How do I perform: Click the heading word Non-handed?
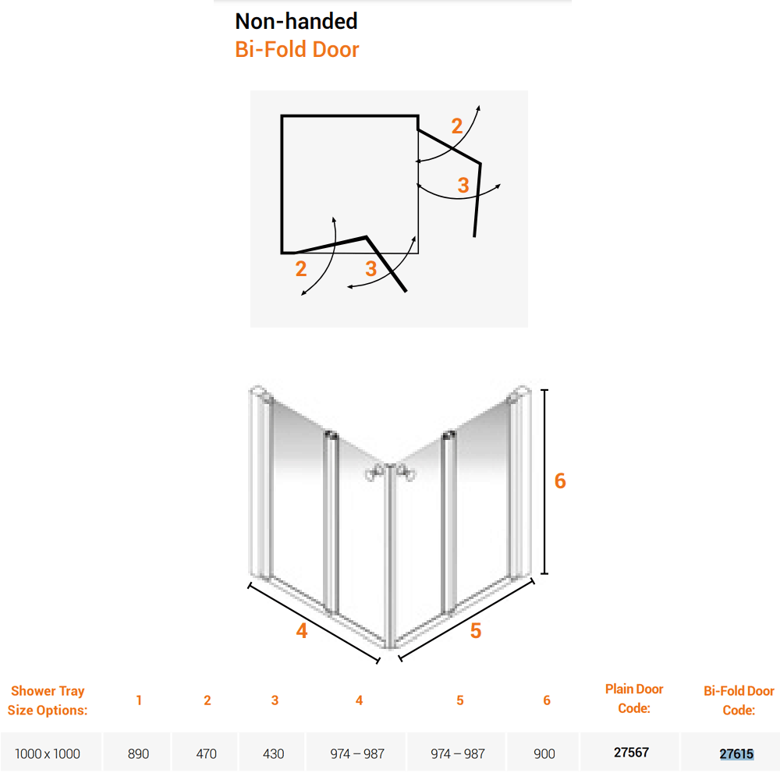[296, 21]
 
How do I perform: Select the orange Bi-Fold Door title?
[296, 49]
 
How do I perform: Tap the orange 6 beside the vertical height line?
[559, 481]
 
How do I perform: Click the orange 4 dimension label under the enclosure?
[302, 631]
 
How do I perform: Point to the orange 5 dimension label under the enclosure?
[476, 631]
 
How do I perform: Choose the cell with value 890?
[137, 753]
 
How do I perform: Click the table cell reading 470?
[206, 753]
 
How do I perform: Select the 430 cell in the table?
[273, 753]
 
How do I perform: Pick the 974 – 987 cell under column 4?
[357, 753]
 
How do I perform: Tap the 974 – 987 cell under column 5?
[457, 753]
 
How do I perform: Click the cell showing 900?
[544, 753]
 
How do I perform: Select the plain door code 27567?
[630, 753]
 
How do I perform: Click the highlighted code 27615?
[736, 753]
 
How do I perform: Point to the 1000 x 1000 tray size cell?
[48, 753]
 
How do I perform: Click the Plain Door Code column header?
[634, 698]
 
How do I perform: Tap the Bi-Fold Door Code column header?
[738, 700]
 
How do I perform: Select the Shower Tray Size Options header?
[48, 700]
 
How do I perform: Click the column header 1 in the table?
[139, 700]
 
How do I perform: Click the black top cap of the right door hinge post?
[448, 433]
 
